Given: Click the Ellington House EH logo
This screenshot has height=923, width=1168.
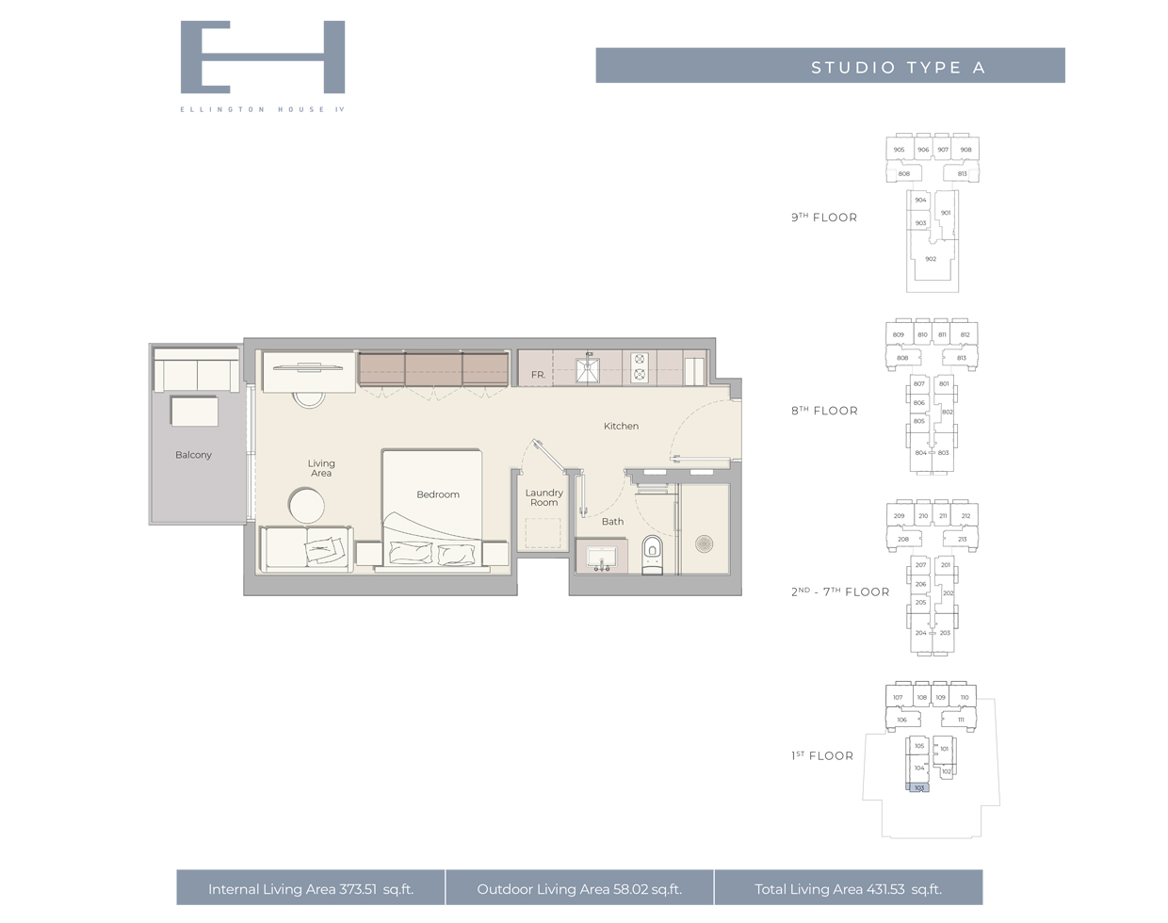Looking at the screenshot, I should (x=262, y=57).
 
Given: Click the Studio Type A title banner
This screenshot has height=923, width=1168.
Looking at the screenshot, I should (x=830, y=66).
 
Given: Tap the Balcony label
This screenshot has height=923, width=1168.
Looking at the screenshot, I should (x=193, y=455).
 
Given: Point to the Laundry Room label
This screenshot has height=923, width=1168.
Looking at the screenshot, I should (x=543, y=497).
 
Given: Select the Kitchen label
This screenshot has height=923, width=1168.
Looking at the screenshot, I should (x=621, y=426).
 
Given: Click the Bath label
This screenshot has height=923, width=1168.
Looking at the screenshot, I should (x=612, y=521).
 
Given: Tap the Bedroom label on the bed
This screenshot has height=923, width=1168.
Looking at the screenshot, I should (x=438, y=494).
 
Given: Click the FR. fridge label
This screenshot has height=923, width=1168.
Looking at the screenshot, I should (x=537, y=375).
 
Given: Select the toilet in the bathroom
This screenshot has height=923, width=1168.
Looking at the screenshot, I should (x=651, y=552).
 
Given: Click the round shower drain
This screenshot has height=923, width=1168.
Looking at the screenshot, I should (x=704, y=543).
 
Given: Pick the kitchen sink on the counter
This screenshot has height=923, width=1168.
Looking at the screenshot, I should (x=588, y=369).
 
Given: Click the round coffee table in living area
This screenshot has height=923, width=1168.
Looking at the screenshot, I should (x=306, y=506).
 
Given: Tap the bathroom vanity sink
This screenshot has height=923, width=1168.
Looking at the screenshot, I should (x=601, y=558).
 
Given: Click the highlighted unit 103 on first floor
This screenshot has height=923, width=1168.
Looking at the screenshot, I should (x=918, y=787).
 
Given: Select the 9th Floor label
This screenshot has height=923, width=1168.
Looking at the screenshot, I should (x=824, y=218).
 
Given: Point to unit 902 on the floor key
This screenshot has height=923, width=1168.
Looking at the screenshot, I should (x=931, y=259).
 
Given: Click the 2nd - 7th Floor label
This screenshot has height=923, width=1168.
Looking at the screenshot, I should (x=839, y=592).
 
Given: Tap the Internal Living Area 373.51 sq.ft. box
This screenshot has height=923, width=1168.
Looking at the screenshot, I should (x=311, y=888).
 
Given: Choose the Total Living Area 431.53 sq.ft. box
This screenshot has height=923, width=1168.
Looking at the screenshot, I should (x=848, y=888).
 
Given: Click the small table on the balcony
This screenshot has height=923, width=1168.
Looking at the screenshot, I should (x=194, y=412).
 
